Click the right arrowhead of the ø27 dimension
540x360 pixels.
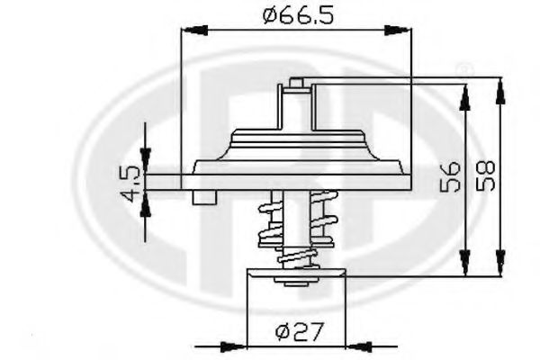point(357,344)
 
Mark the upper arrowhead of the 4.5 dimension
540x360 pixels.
point(144,162)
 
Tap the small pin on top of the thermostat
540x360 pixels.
point(296,85)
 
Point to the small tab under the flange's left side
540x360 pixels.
point(209,198)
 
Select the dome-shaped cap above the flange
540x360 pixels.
point(296,144)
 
